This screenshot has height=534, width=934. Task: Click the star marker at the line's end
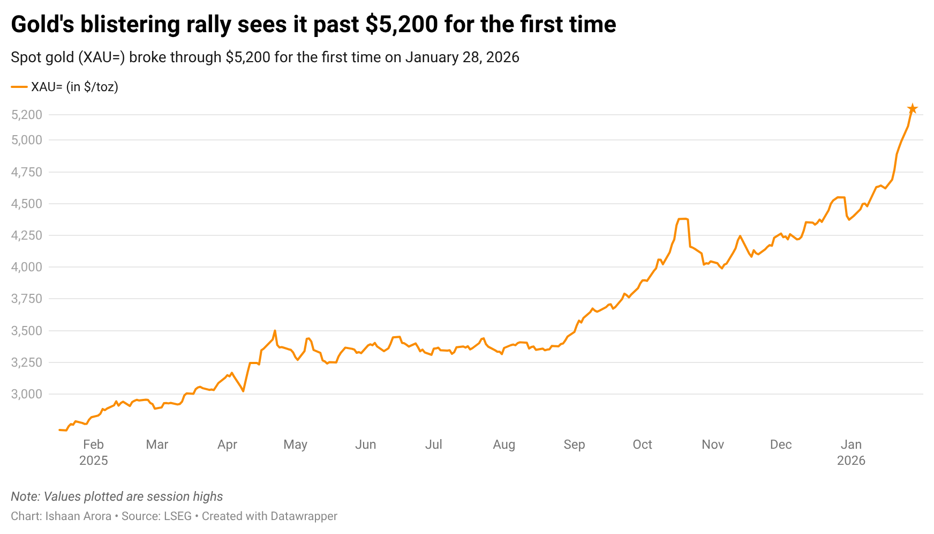913,109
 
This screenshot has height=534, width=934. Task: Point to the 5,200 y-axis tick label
27,115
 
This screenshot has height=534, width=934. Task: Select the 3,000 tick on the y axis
27,394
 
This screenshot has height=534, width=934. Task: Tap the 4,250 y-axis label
27,235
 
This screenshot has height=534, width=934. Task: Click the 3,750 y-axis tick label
27,299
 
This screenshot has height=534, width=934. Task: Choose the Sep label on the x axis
574,444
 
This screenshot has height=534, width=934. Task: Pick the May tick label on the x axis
295,444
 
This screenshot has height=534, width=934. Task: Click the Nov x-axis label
712,444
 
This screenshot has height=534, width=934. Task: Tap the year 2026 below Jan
851,461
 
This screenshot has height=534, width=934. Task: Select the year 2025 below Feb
94,461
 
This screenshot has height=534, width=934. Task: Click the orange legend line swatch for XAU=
19,87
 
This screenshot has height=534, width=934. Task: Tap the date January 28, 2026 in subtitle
462,57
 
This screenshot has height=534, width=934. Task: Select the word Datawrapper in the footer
304,516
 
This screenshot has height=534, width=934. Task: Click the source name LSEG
177,516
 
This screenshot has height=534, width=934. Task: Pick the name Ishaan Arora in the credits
78,516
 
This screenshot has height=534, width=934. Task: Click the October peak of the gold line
683,219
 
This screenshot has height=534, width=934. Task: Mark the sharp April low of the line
244,391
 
